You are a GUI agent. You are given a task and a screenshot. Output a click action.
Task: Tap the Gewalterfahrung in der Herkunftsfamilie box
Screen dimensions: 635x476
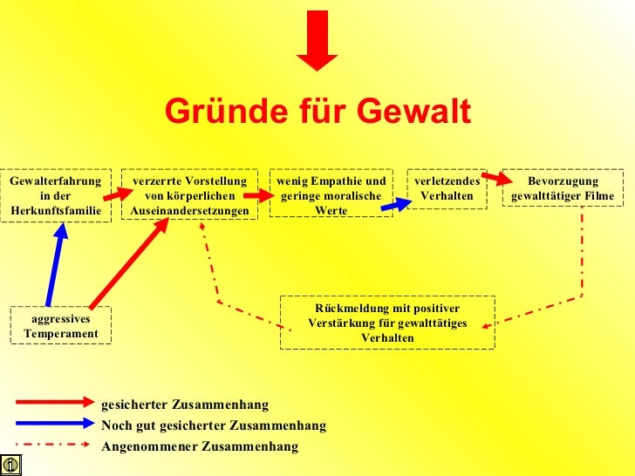click(x=56, y=195)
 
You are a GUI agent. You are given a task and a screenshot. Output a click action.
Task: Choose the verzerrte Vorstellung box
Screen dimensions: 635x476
click(x=189, y=195)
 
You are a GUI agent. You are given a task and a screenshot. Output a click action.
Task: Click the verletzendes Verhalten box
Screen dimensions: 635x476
click(x=447, y=188)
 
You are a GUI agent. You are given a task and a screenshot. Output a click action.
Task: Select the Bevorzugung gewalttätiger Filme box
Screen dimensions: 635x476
click(x=563, y=188)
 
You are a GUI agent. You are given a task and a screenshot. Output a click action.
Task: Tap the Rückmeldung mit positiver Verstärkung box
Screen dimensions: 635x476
click(x=387, y=323)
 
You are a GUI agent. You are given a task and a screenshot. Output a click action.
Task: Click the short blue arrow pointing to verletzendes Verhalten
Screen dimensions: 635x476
click(x=395, y=205)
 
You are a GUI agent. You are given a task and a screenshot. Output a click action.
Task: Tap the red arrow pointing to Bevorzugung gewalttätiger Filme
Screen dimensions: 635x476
click(x=495, y=177)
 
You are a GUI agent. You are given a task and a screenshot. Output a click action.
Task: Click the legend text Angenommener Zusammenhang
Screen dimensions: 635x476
click(x=200, y=446)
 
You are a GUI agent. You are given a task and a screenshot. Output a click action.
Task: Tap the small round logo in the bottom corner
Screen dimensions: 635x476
click(x=10, y=465)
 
